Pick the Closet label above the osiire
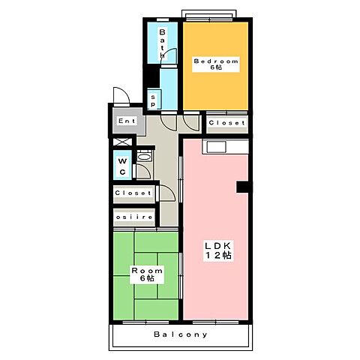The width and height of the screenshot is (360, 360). click(133, 193)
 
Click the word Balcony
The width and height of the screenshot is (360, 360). click(181, 334)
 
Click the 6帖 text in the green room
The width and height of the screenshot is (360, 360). click(145, 279)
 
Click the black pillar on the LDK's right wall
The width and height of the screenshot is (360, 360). click(241, 186)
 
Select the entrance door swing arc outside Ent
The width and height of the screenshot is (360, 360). click(120, 95)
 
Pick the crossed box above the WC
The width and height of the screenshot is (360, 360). click(120, 142)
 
